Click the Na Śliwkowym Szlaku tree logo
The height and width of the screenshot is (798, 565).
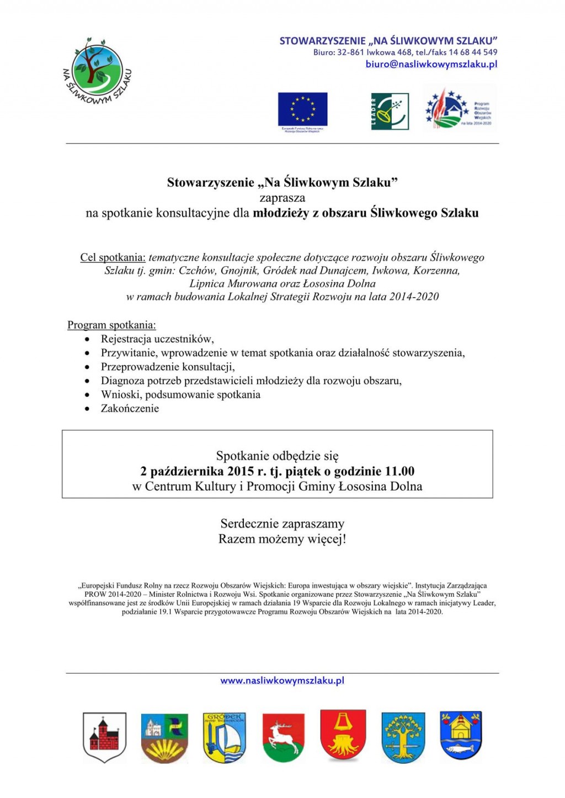(x=97, y=70)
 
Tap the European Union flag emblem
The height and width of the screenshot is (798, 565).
(x=302, y=110)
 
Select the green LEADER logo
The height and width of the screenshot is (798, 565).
(x=390, y=111)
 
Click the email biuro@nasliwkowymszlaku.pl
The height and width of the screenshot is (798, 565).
(x=431, y=64)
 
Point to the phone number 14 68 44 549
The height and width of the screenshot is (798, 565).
(x=473, y=52)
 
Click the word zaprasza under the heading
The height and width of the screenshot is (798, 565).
(x=282, y=197)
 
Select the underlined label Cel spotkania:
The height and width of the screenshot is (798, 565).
(x=113, y=257)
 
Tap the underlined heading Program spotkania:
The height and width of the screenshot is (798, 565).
(x=111, y=325)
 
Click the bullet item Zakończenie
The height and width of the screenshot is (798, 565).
(x=130, y=408)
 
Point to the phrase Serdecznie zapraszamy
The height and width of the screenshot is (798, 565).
(x=282, y=524)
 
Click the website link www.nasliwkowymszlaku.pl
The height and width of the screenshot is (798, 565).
(x=282, y=681)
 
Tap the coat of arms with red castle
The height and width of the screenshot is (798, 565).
(x=104, y=737)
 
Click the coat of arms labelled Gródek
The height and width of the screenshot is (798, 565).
(x=224, y=737)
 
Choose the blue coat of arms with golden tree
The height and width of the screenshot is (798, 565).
(x=403, y=737)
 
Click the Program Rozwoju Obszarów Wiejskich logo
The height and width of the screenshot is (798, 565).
(x=459, y=109)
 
